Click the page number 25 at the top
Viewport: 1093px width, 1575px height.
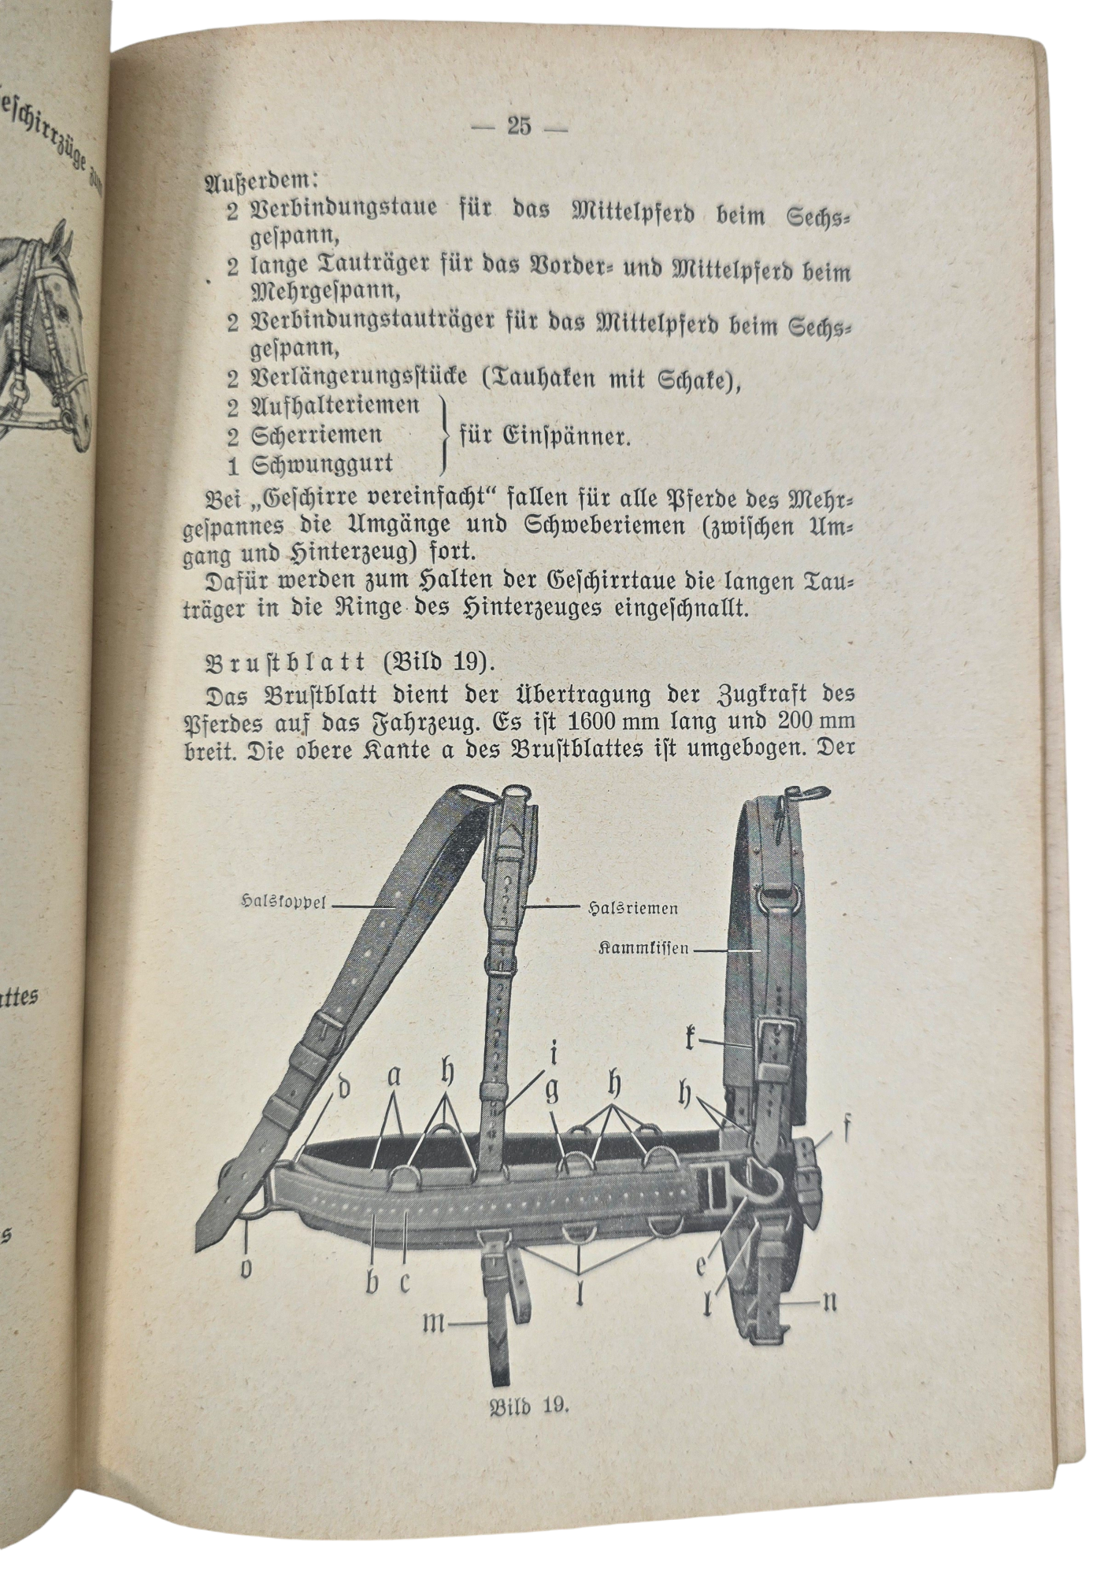[519, 126]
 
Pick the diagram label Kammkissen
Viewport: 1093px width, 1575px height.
[643, 948]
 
